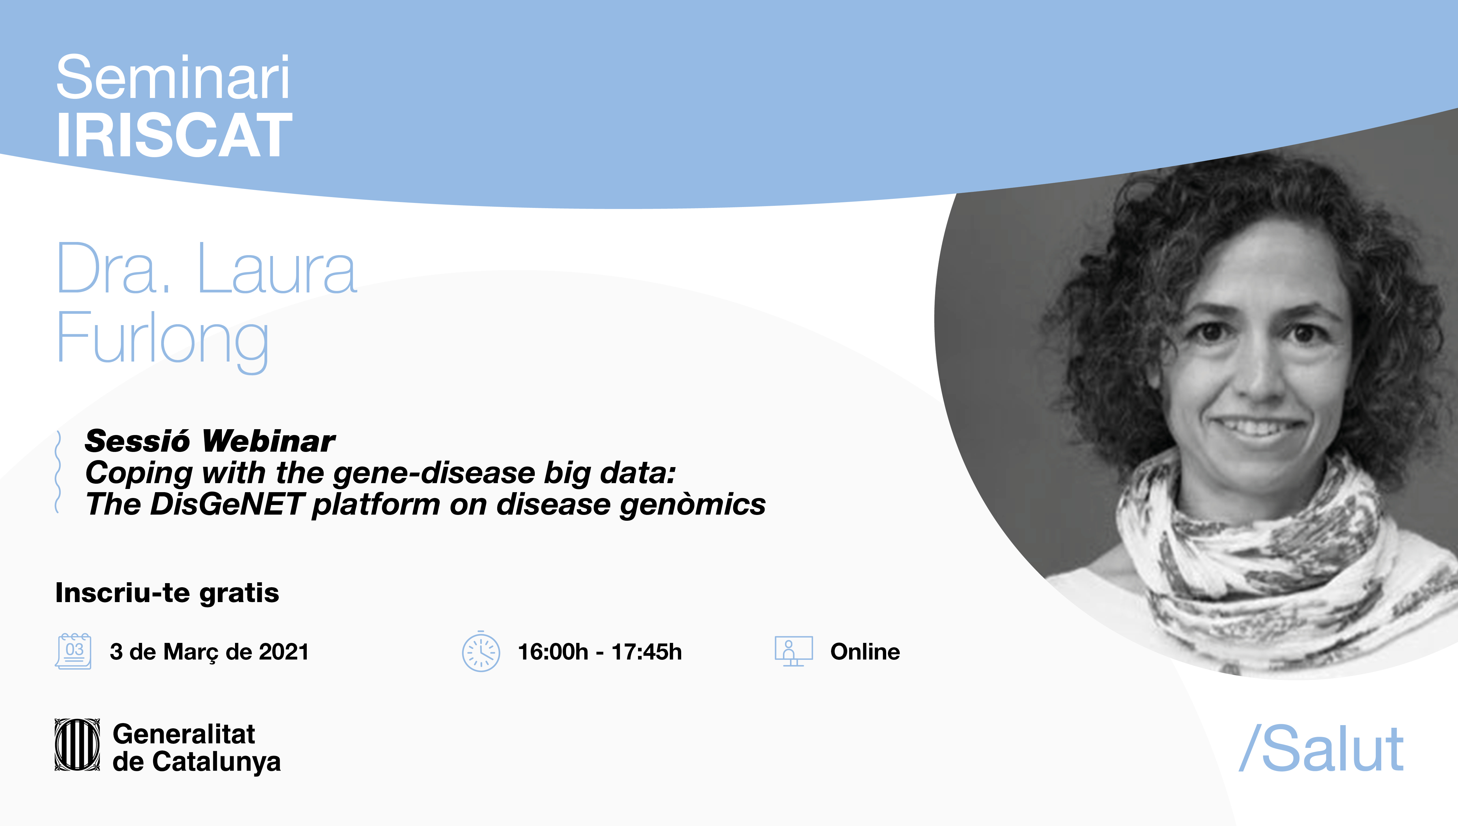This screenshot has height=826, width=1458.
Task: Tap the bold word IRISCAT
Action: pyautogui.click(x=174, y=135)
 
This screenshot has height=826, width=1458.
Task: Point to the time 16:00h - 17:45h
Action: pyautogui.click(x=600, y=652)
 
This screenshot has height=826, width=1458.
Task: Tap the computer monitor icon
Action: pyautogui.click(x=794, y=651)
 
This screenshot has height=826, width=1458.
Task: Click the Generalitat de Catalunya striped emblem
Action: pyautogui.click(x=77, y=745)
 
